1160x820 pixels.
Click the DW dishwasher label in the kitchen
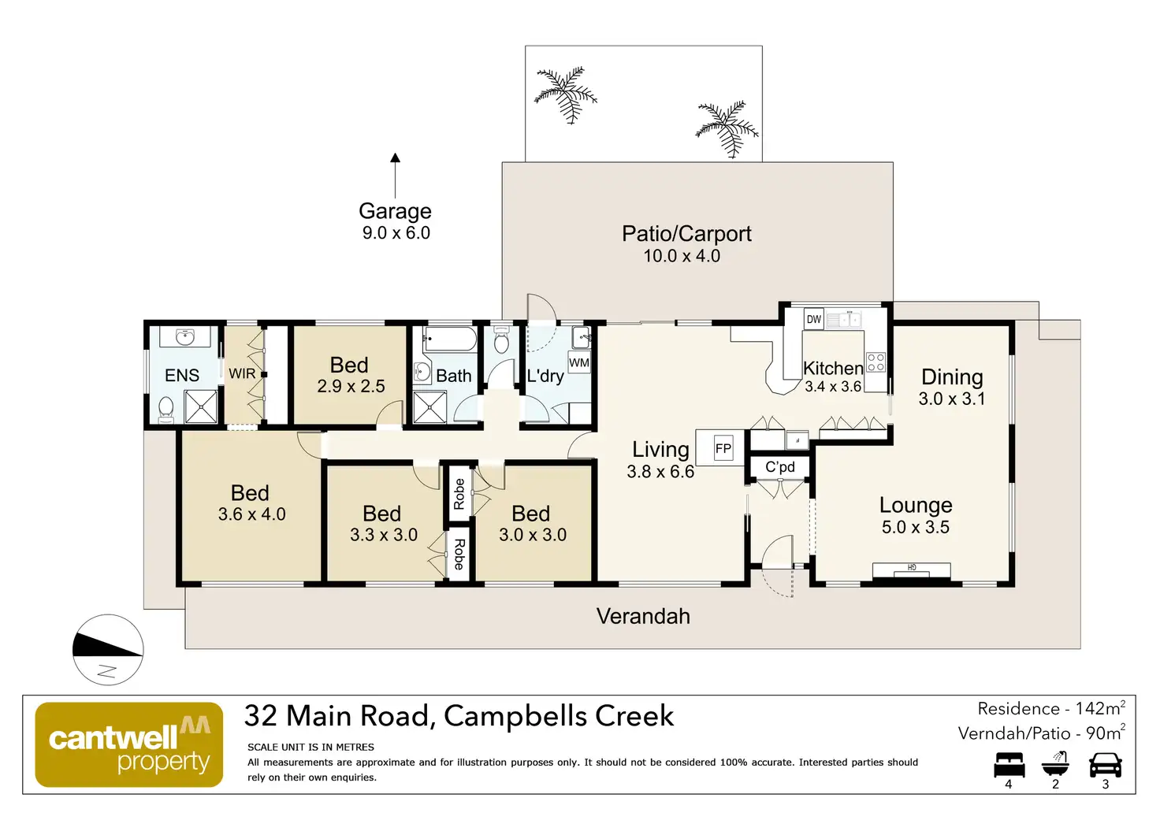[814, 319]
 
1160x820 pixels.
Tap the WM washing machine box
[579, 363]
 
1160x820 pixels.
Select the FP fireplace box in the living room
[723, 449]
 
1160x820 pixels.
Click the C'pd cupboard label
[780, 467]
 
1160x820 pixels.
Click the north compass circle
[108, 650]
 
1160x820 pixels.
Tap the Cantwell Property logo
[129, 744]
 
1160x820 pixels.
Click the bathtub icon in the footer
[1055, 763]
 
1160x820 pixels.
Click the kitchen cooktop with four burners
[876, 362]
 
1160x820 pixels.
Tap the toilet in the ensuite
[166, 407]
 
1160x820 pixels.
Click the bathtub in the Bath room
[450, 340]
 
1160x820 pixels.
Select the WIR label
[242, 373]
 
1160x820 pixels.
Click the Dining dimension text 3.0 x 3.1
[952, 399]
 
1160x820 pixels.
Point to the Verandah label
[643, 616]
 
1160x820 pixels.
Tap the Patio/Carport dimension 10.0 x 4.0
[682, 256]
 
